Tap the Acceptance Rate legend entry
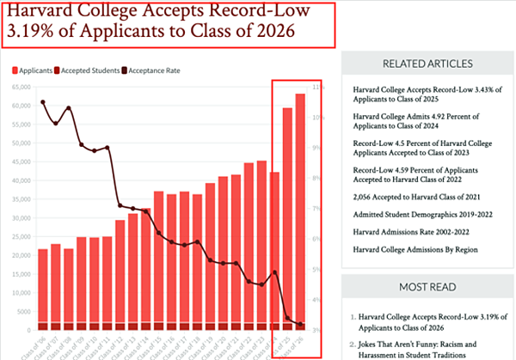pos(154,70)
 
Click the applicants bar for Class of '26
pos(300,211)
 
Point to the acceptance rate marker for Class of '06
pos(43,102)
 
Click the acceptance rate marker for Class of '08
pos(69,108)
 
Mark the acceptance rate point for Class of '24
pos(274,272)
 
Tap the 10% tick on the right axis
pos(316,118)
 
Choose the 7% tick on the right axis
pos(316,209)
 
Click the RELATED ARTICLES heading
pos(427,64)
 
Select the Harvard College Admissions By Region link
pos(414,248)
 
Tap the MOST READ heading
pos(427,286)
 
